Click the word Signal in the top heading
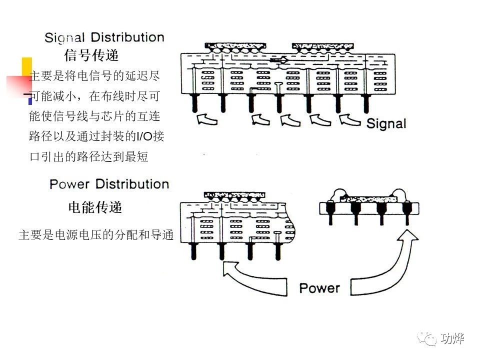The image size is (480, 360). point(65,38)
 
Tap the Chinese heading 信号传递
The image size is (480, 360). point(91,55)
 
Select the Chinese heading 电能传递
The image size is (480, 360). point(95,207)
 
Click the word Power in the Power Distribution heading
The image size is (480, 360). point(69,184)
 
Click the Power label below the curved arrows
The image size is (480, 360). point(319,288)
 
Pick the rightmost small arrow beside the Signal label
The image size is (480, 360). point(350,120)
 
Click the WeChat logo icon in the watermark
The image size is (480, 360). point(429,338)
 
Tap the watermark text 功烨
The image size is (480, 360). point(453,339)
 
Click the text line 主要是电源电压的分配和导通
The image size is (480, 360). point(95,234)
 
